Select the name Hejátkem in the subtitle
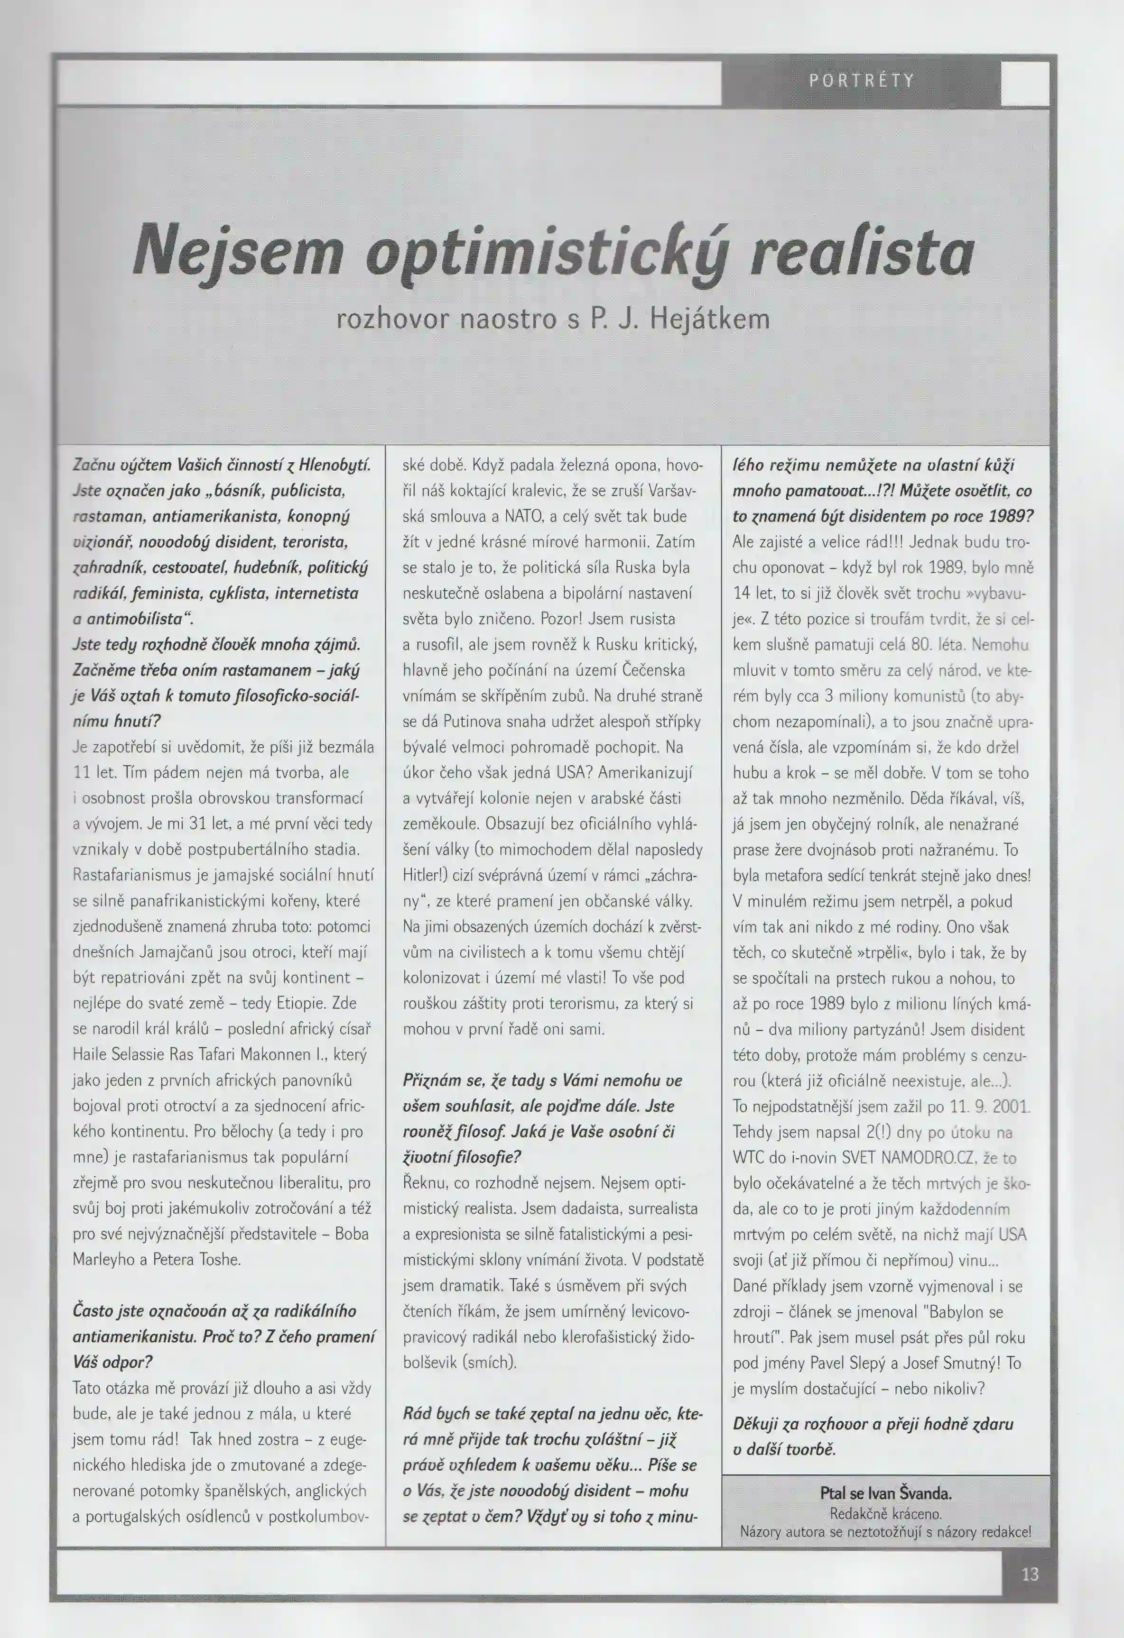[x=709, y=319]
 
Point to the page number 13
[x=1030, y=1574]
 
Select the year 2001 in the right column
[x=1011, y=1106]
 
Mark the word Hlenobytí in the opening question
[x=335, y=465]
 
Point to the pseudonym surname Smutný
[x=963, y=1363]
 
